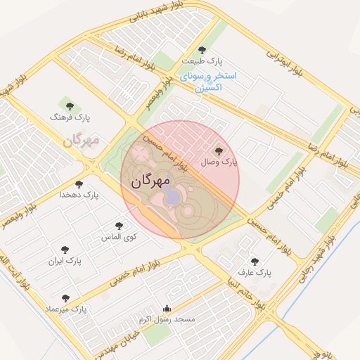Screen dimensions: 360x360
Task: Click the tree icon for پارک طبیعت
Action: [203, 50]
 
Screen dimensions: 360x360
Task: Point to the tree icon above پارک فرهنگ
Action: [69, 108]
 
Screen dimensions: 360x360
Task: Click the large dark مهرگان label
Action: [150, 181]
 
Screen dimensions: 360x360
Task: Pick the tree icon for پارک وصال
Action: [217, 150]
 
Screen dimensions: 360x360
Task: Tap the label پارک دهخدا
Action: [77, 193]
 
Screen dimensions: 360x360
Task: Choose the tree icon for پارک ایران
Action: [65, 250]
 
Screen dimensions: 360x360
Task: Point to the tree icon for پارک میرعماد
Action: [65, 298]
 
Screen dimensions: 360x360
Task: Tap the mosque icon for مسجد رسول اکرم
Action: [167, 308]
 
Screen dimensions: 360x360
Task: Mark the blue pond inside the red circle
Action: [172, 197]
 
